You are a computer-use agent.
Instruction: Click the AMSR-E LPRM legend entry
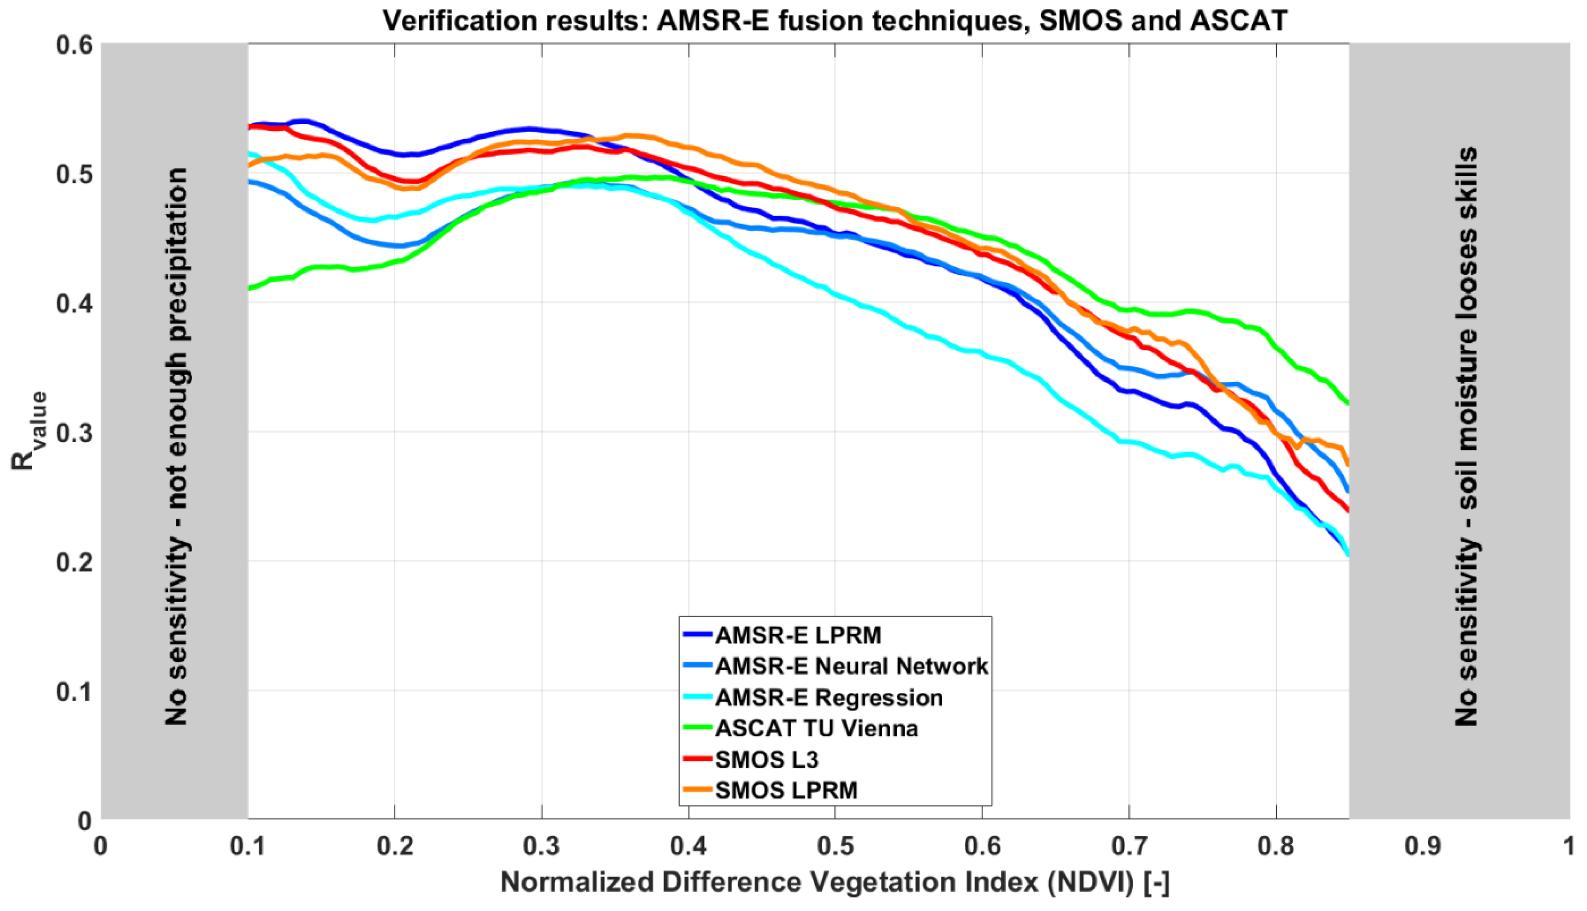coord(798,635)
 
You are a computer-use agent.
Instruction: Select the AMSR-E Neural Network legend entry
coord(851,666)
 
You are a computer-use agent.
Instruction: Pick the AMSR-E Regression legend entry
coord(829,697)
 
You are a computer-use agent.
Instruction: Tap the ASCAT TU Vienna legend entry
coord(816,728)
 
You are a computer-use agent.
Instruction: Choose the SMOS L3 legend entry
coord(766,760)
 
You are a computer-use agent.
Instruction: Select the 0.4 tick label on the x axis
coord(688,847)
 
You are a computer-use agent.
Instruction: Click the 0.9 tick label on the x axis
coord(1423,847)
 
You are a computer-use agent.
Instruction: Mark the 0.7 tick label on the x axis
coord(1129,847)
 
